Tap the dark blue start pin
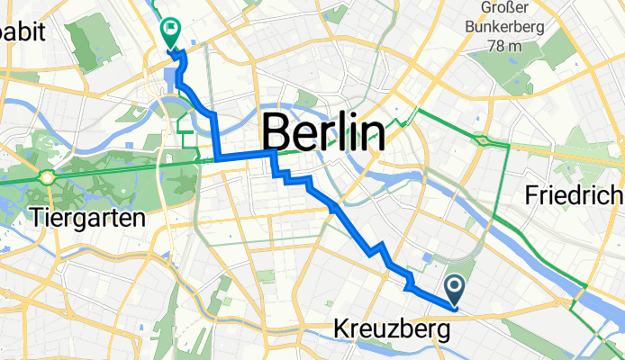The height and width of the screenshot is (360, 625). pos(455,289)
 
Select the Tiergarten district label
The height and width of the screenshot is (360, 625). pos(87,217)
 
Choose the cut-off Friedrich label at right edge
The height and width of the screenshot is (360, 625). pos(575,194)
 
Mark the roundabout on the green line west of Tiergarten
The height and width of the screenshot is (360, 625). pos(47,176)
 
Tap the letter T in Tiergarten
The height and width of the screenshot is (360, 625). pos(36,217)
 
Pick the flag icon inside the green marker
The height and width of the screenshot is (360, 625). pos(169,30)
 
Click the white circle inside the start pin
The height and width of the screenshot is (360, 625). pos(455,285)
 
